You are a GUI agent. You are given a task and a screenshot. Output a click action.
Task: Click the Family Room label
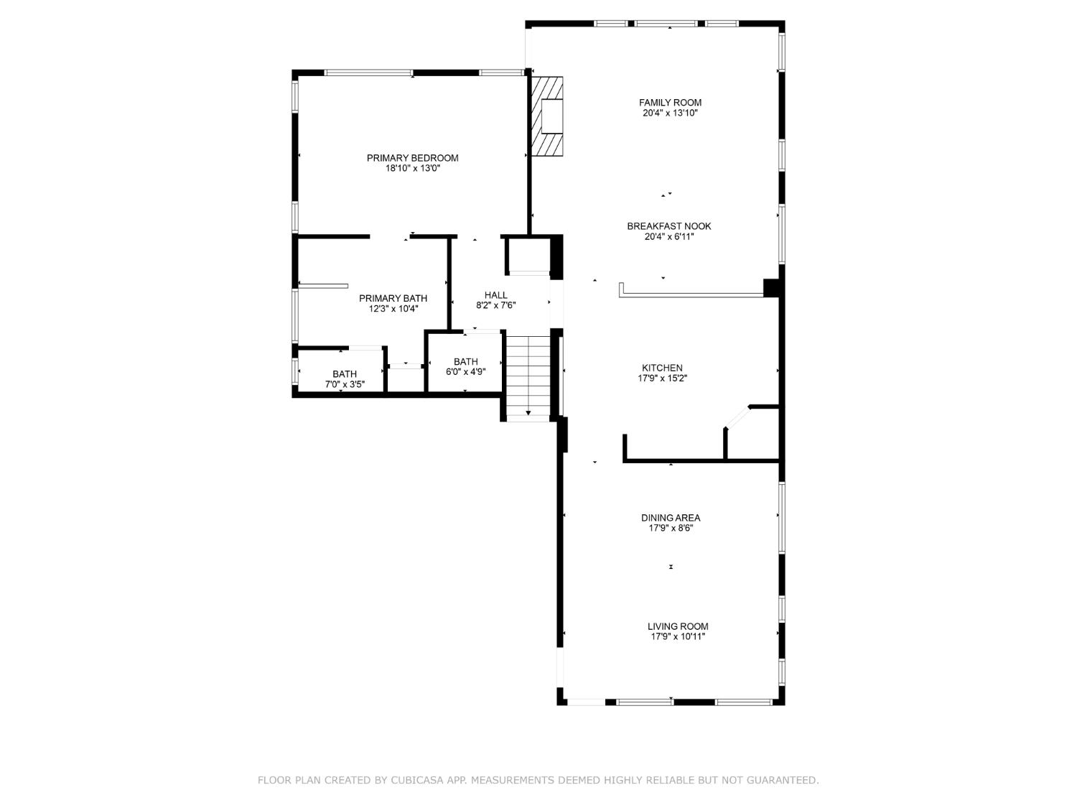tap(670, 103)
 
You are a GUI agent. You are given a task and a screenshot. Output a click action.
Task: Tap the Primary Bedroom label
tap(412, 158)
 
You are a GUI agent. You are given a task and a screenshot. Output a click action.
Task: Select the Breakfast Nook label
tap(668, 226)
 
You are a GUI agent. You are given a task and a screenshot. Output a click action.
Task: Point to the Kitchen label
tap(662, 368)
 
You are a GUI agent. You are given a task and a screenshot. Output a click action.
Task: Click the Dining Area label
tap(670, 518)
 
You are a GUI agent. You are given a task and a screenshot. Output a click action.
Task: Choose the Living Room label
tap(677, 626)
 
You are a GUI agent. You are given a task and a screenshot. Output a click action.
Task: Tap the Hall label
tap(495, 295)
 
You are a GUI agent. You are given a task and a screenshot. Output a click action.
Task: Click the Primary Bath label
tap(393, 298)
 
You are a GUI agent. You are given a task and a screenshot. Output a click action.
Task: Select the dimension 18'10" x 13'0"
tap(412, 169)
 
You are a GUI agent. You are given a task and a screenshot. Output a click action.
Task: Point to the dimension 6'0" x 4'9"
tap(465, 372)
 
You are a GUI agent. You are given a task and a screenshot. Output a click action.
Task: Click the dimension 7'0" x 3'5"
tap(345, 384)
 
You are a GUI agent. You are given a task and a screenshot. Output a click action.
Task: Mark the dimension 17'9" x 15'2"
tap(662, 379)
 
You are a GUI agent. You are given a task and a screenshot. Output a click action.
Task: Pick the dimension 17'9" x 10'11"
tap(677, 636)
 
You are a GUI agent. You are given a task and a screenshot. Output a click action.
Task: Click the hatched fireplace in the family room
tap(546, 116)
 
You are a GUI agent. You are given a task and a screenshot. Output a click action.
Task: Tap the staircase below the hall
tap(528, 373)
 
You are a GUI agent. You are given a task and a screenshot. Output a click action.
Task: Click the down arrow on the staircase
tap(528, 412)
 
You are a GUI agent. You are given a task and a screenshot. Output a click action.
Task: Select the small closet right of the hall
tap(528, 255)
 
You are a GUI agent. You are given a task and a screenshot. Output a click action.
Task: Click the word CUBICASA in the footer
tap(421, 780)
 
